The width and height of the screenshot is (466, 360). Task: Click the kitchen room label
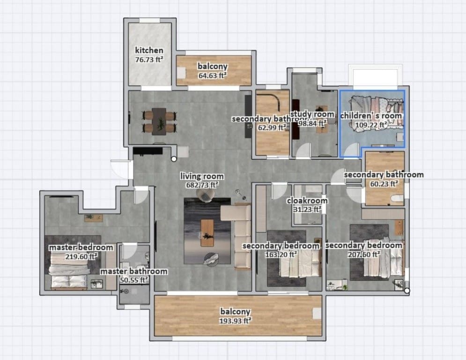click(x=149, y=50)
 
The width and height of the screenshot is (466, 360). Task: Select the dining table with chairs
click(x=159, y=121)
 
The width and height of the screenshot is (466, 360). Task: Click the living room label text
click(x=202, y=177)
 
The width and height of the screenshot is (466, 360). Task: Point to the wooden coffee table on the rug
click(x=207, y=232)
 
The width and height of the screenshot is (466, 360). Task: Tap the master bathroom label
click(x=134, y=271)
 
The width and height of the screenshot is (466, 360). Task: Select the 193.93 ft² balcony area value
click(x=236, y=321)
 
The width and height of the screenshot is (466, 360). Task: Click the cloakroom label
click(x=307, y=201)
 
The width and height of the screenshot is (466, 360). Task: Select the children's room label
click(x=371, y=115)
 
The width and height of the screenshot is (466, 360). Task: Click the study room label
click(x=312, y=114)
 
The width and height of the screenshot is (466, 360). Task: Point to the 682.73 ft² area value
click(x=202, y=185)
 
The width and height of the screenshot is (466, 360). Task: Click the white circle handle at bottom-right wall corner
click(x=407, y=291)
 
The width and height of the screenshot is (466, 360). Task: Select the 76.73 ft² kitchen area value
click(x=149, y=59)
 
